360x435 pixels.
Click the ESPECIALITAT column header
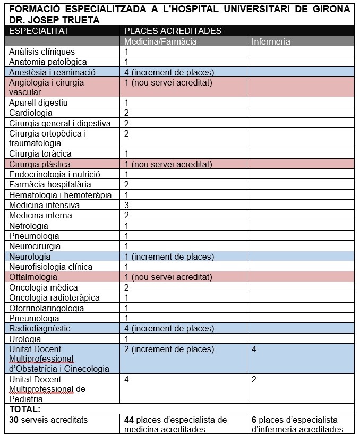[39, 31]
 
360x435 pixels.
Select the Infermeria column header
[271, 41]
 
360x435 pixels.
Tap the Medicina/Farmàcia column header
[160, 41]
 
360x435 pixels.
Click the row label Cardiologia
[31, 113]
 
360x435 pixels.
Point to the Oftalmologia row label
[33, 277]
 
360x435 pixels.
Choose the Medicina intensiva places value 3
[127, 205]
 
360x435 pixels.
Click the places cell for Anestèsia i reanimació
[168, 72]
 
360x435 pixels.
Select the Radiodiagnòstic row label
[39, 328]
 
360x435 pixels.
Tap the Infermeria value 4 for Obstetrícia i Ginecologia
[254, 349]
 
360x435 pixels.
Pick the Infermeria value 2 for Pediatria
[254, 379]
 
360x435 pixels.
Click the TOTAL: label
[25, 409]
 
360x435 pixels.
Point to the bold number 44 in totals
[129, 420]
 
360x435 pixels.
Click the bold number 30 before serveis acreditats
[14, 420]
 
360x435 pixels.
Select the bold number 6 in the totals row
[254, 420]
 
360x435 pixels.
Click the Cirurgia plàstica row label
[40, 164]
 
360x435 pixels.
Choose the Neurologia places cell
[168, 257]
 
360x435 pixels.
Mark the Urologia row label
[25, 339]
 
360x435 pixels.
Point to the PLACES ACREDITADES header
[173, 31]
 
